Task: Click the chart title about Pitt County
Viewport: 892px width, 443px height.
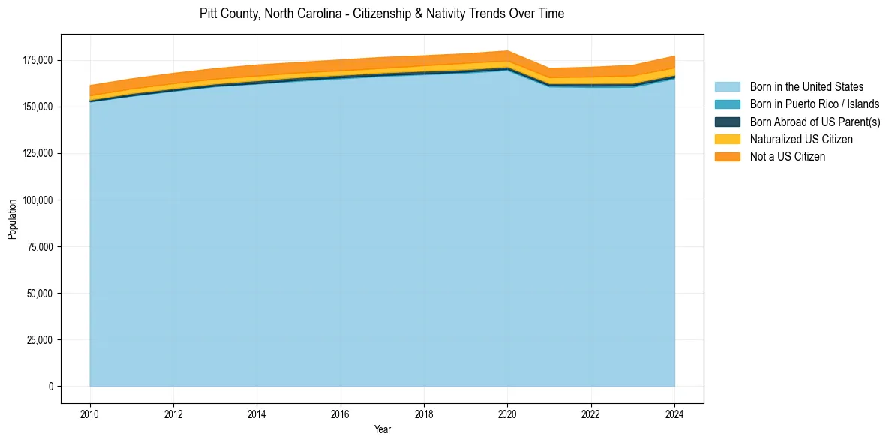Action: click(382, 14)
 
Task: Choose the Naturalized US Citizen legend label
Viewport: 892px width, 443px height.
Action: click(801, 139)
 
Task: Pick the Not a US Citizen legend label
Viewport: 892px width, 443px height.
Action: click(787, 156)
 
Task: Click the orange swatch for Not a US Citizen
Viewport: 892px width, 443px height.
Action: click(727, 156)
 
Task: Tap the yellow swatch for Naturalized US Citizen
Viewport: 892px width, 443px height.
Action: click(727, 139)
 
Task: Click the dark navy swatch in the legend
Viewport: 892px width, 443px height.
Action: click(727, 122)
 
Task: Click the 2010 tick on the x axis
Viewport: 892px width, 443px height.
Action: click(90, 413)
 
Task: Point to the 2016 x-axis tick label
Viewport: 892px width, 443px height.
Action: click(341, 413)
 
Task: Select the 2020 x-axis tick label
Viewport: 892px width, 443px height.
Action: click(508, 413)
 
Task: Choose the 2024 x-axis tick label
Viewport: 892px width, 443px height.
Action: click(674, 413)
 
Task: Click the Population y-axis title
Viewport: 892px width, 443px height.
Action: click(12, 219)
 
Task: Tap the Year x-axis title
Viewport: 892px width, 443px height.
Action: click(382, 429)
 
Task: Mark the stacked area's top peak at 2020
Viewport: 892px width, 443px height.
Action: click(508, 51)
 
